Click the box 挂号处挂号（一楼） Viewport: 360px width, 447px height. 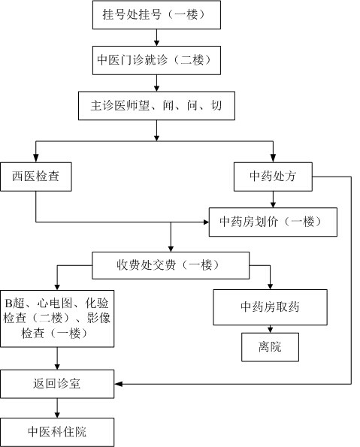tap(156, 15)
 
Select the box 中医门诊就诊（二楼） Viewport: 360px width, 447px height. tap(156, 60)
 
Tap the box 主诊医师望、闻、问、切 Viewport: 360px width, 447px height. tap(156, 106)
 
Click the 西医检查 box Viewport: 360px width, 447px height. tap(36, 177)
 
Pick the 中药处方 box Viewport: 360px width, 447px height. tap(273, 177)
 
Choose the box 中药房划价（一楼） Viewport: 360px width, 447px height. tap(273, 222)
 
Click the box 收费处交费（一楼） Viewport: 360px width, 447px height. tap(171, 265)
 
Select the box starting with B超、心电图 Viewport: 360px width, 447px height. tap(57, 319)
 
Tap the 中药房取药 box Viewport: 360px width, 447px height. tap(270, 307)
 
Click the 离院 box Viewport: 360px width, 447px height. tap(270, 347)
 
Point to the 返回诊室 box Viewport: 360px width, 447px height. tap(57, 384)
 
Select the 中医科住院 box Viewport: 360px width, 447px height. tap(57, 432)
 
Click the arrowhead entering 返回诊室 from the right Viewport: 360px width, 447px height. tap(119, 384)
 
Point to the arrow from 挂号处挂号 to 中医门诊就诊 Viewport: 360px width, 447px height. tap(156, 38)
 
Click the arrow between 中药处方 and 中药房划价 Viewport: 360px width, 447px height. tap(273, 200)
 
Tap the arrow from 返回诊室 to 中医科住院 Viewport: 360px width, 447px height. tap(57, 408)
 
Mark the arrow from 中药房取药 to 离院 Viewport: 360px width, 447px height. tap(270, 329)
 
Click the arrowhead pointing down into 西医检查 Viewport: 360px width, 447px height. tap(36, 159)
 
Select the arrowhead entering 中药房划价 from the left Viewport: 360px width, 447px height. tap(205, 222)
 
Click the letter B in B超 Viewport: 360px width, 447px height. tap(8, 304)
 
